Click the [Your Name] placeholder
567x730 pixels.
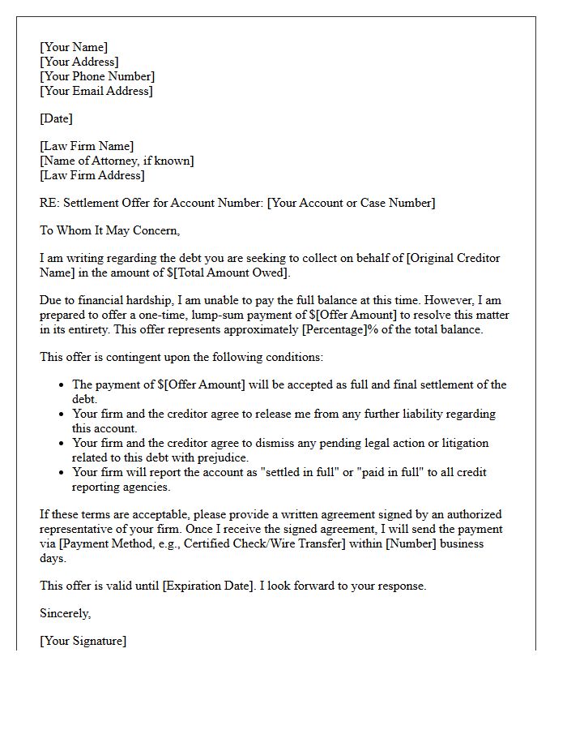[74, 47]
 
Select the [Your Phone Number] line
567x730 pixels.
[97, 76]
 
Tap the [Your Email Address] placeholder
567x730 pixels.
[96, 91]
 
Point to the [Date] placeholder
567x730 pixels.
[56, 118]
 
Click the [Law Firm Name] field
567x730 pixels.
[87, 146]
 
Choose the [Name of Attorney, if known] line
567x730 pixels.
[117, 161]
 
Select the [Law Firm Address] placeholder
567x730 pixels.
[92, 175]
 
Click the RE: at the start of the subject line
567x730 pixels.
[49, 203]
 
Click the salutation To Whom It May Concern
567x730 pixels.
[109, 230]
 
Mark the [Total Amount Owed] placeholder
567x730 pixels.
[232, 273]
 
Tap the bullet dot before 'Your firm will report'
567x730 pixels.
[62, 472]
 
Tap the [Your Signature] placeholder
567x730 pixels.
[83, 641]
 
